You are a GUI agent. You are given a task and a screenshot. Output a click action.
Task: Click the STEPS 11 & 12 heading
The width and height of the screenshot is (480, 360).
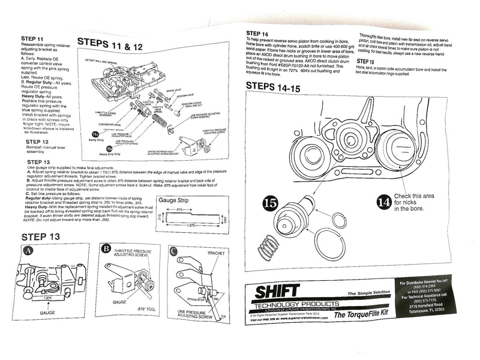click(x=110, y=45)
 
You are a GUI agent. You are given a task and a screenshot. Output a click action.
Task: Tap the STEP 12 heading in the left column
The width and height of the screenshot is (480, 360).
click(x=40, y=143)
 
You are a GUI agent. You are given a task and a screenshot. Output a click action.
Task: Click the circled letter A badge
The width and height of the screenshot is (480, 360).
click(x=27, y=253)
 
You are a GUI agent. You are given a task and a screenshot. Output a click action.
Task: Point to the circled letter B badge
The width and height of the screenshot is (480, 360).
click(x=106, y=248)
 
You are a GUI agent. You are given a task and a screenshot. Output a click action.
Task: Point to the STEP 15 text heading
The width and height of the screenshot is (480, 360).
click(x=365, y=61)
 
